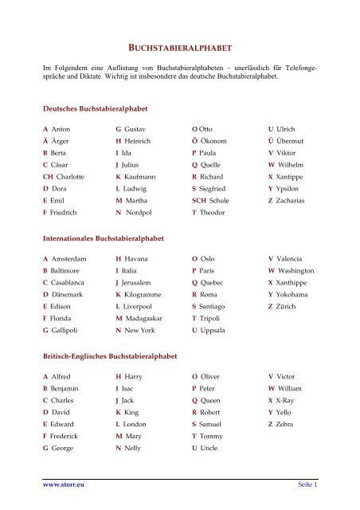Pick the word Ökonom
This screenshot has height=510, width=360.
point(218,143)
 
